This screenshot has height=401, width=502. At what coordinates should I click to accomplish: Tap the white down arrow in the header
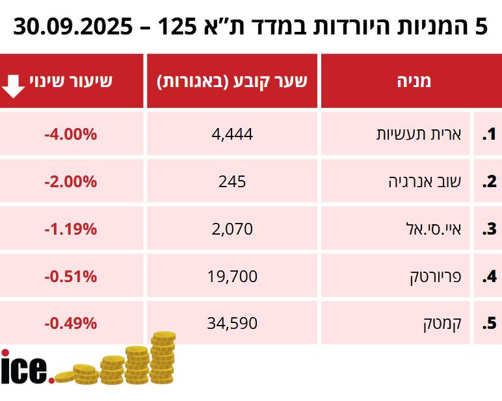14,84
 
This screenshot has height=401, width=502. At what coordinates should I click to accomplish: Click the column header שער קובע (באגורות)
232,81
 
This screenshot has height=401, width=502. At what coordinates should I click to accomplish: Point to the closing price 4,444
232,135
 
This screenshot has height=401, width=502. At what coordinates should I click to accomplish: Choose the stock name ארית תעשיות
419,135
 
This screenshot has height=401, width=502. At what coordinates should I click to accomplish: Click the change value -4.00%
71,135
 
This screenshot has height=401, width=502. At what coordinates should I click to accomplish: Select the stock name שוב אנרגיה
419,181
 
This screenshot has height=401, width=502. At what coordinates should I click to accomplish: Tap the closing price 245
232,181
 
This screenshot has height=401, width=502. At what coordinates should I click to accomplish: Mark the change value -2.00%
71,181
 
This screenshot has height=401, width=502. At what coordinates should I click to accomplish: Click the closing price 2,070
232,229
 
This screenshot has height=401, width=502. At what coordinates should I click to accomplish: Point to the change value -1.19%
71,229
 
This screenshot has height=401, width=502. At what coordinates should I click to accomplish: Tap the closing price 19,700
232,276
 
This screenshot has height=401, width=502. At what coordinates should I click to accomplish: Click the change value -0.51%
71,276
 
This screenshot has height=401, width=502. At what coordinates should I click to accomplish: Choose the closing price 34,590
232,323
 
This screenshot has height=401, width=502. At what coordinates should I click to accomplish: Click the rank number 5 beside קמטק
489,323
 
